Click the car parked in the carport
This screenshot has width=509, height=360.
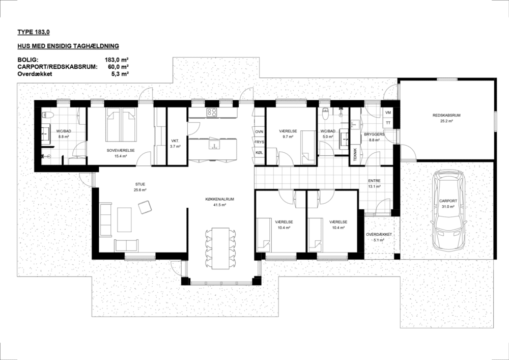pos(448,210)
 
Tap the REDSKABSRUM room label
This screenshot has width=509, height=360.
pos(446,115)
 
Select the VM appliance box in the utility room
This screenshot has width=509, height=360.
pos(388,113)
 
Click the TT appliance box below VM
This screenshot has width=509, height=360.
pos(388,123)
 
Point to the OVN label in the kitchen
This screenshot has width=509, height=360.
pos(259,132)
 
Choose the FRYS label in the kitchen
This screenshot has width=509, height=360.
pos(259,142)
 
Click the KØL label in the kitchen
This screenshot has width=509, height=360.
pos(259,153)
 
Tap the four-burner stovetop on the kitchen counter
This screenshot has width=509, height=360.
pos(212,113)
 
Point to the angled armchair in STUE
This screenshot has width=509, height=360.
pos(145,207)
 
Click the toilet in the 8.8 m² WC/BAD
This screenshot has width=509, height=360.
pos(47,115)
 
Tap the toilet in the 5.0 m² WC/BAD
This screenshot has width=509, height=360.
pos(326,114)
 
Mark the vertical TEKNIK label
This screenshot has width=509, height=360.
pos(355,155)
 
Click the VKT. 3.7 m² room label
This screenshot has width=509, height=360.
pos(175,144)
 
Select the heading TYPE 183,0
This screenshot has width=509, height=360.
pos(34,32)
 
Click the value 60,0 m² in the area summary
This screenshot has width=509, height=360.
pos(118,67)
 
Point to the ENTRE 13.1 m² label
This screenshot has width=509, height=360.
pos(374,183)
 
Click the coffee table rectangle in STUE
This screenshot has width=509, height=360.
pos(124,220)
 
